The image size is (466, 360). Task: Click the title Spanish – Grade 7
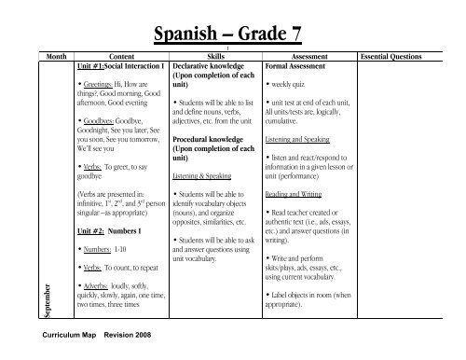click(x=233, y=35)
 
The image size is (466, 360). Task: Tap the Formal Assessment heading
click(x=296, y=67)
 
